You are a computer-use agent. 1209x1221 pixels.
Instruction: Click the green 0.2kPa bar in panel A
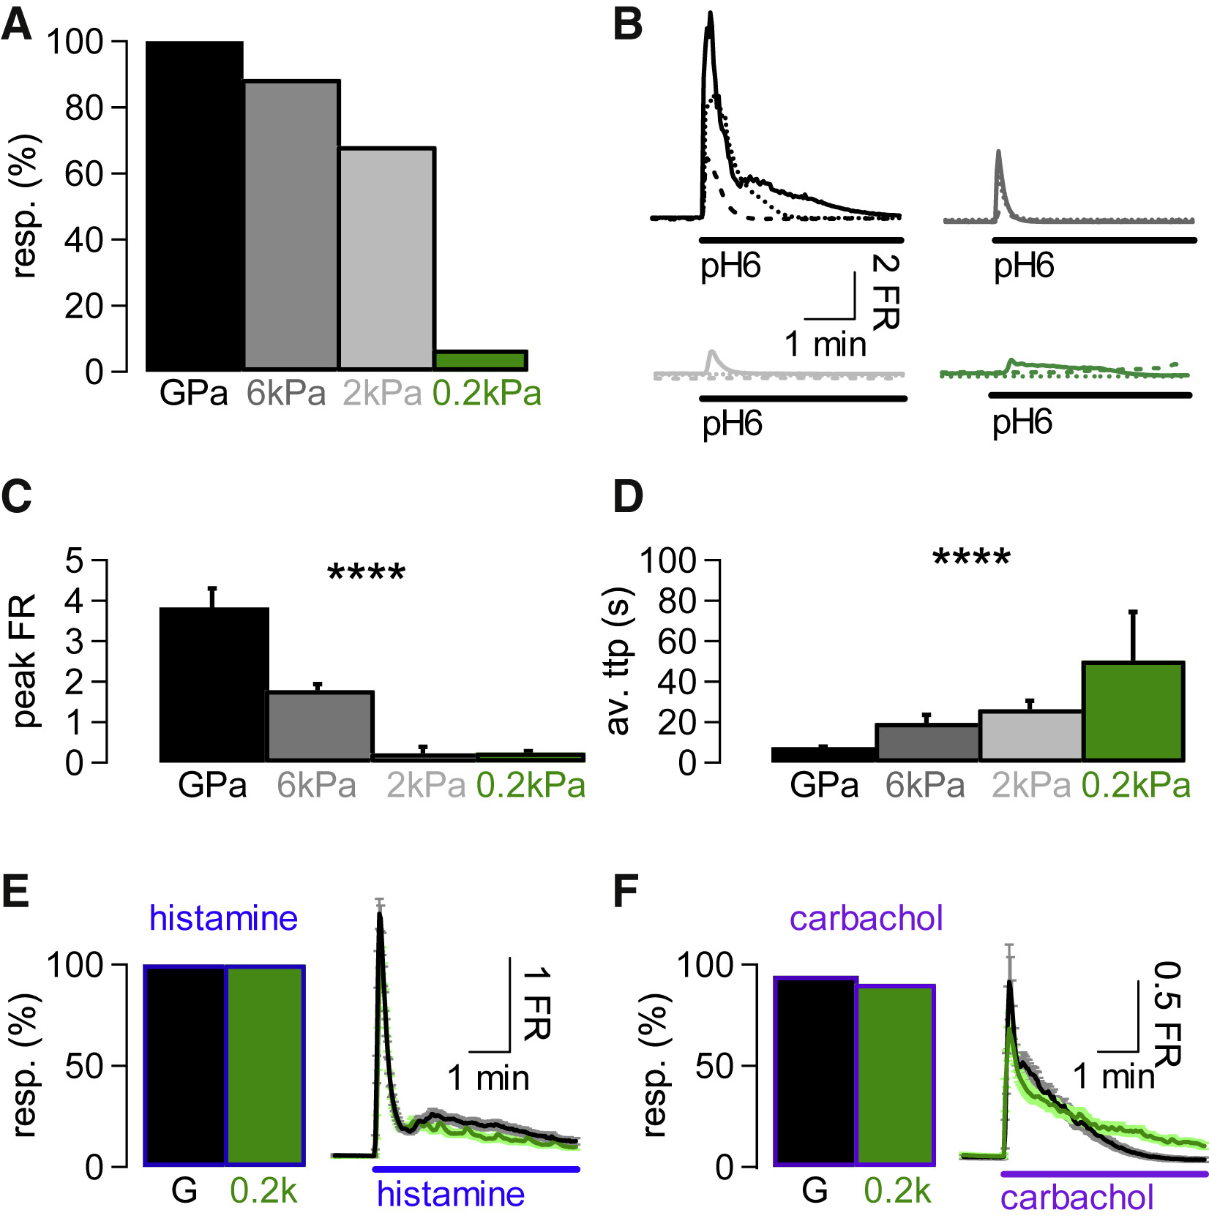(x=481, y=361)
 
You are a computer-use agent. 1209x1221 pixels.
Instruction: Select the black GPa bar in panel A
(x=195, y=206)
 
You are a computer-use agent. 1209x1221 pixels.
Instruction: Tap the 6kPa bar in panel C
(x=320, y=726)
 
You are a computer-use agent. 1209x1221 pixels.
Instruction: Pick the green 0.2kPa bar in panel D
(x=1133, y=711)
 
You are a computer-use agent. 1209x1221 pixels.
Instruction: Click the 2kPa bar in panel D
(x=1030, y=735)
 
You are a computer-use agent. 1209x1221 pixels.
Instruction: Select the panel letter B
(x=627, y=25)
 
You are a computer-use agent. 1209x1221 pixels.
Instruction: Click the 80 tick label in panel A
(x=84, y=108)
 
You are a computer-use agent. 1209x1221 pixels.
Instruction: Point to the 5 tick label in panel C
(x=75, y=561)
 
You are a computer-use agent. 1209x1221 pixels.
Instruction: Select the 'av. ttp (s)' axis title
(x=618, y=661)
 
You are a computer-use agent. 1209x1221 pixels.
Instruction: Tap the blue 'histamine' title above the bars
(x=223, y=918)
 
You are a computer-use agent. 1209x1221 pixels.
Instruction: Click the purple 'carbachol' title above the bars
(x=866, y=918)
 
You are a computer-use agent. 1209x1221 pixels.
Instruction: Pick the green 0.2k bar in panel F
(x=896, y=1075)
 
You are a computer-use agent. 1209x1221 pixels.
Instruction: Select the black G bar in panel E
(x=185, y=1065)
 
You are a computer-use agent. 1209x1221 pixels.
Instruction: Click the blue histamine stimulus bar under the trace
(x=476, y=1169)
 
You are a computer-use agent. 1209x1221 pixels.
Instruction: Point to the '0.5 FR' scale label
(x=1168, y=1013)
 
